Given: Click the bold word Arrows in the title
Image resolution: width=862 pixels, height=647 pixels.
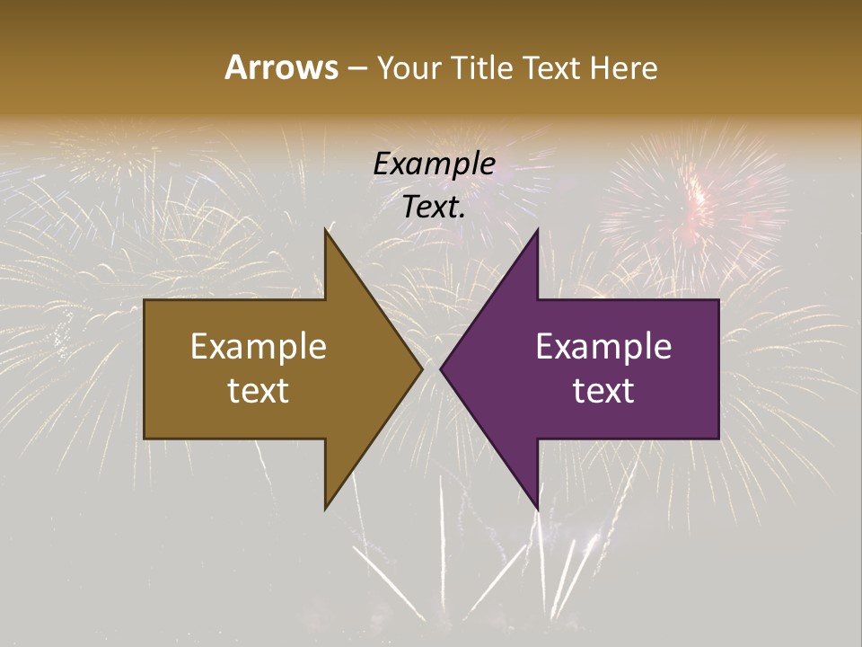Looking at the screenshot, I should click(280, 67).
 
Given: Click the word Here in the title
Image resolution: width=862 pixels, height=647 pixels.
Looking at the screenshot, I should click(625, 67).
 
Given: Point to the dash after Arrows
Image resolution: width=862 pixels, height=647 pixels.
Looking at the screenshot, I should click(356, 68).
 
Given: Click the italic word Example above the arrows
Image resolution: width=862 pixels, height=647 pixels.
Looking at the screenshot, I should click(434, 164).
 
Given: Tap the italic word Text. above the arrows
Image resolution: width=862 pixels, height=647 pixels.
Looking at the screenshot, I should click(434, 208).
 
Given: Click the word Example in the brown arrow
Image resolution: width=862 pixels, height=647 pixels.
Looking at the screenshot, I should click(259, 347).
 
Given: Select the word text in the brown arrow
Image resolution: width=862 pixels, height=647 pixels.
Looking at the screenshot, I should click(259, 391).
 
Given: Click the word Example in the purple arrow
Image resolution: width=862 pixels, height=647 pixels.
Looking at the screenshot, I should click(603, 347).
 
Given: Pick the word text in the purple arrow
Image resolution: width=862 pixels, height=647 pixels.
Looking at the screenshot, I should click(603, 391).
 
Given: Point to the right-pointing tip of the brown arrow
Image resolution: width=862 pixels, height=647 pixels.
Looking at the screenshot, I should click(421, 368).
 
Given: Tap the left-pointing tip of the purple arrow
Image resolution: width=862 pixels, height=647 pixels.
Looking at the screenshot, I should click(442, 368).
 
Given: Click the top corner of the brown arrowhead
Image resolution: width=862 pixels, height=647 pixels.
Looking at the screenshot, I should click(326, 231).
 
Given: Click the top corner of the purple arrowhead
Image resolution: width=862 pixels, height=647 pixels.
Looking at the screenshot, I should click(537, 231).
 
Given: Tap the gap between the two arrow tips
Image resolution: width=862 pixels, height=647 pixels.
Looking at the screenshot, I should click(431, 368).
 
